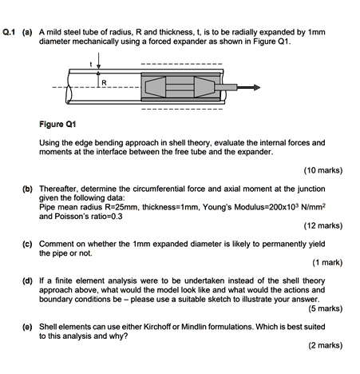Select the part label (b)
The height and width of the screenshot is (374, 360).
point(28,189)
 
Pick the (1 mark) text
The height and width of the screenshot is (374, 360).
point(326,262)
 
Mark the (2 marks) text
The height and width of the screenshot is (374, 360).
point(324,345)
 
